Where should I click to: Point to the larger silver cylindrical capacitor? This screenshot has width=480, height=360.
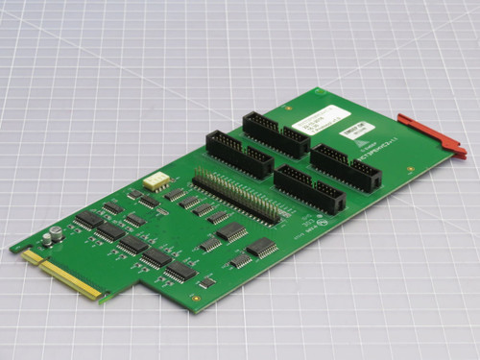[57, 233]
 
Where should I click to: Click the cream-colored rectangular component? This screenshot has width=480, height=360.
[156, 180]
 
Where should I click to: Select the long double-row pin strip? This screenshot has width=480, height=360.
[235, 196]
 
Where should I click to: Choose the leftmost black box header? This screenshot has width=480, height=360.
[239, 154]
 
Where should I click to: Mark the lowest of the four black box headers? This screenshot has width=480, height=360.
[309, 189]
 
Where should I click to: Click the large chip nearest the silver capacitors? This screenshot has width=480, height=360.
[89, 220]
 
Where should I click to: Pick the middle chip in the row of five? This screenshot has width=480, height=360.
[132, 245]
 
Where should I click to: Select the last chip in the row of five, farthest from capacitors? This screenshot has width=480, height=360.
[180, 271]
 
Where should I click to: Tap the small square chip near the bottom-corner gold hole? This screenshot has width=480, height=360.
[206, 283]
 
